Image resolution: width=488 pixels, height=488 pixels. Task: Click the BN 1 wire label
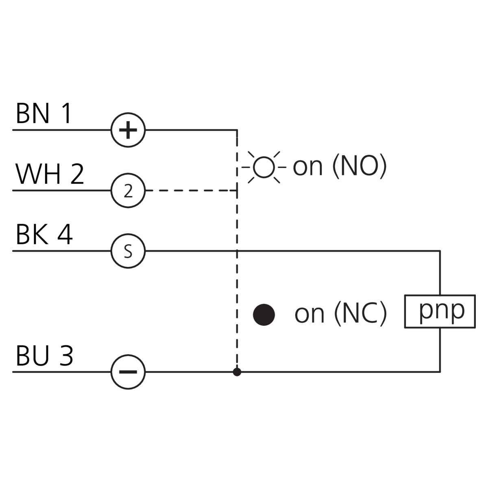point(44,113)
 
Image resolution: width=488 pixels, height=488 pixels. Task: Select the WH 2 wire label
point(50,174)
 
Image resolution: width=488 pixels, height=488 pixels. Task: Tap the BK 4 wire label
point(44,234)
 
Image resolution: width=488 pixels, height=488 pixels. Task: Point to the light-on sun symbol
point(264,167)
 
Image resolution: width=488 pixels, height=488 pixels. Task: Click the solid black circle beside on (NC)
point(264,315)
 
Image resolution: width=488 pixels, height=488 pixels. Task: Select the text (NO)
point(359,166)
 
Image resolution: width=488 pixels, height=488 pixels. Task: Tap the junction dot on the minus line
point(237,372)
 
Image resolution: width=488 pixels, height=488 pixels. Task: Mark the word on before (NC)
point(309,315)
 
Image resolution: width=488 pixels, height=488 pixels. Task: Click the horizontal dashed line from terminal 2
point(191,190)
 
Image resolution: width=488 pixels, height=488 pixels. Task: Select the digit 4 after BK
point(65,234)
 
